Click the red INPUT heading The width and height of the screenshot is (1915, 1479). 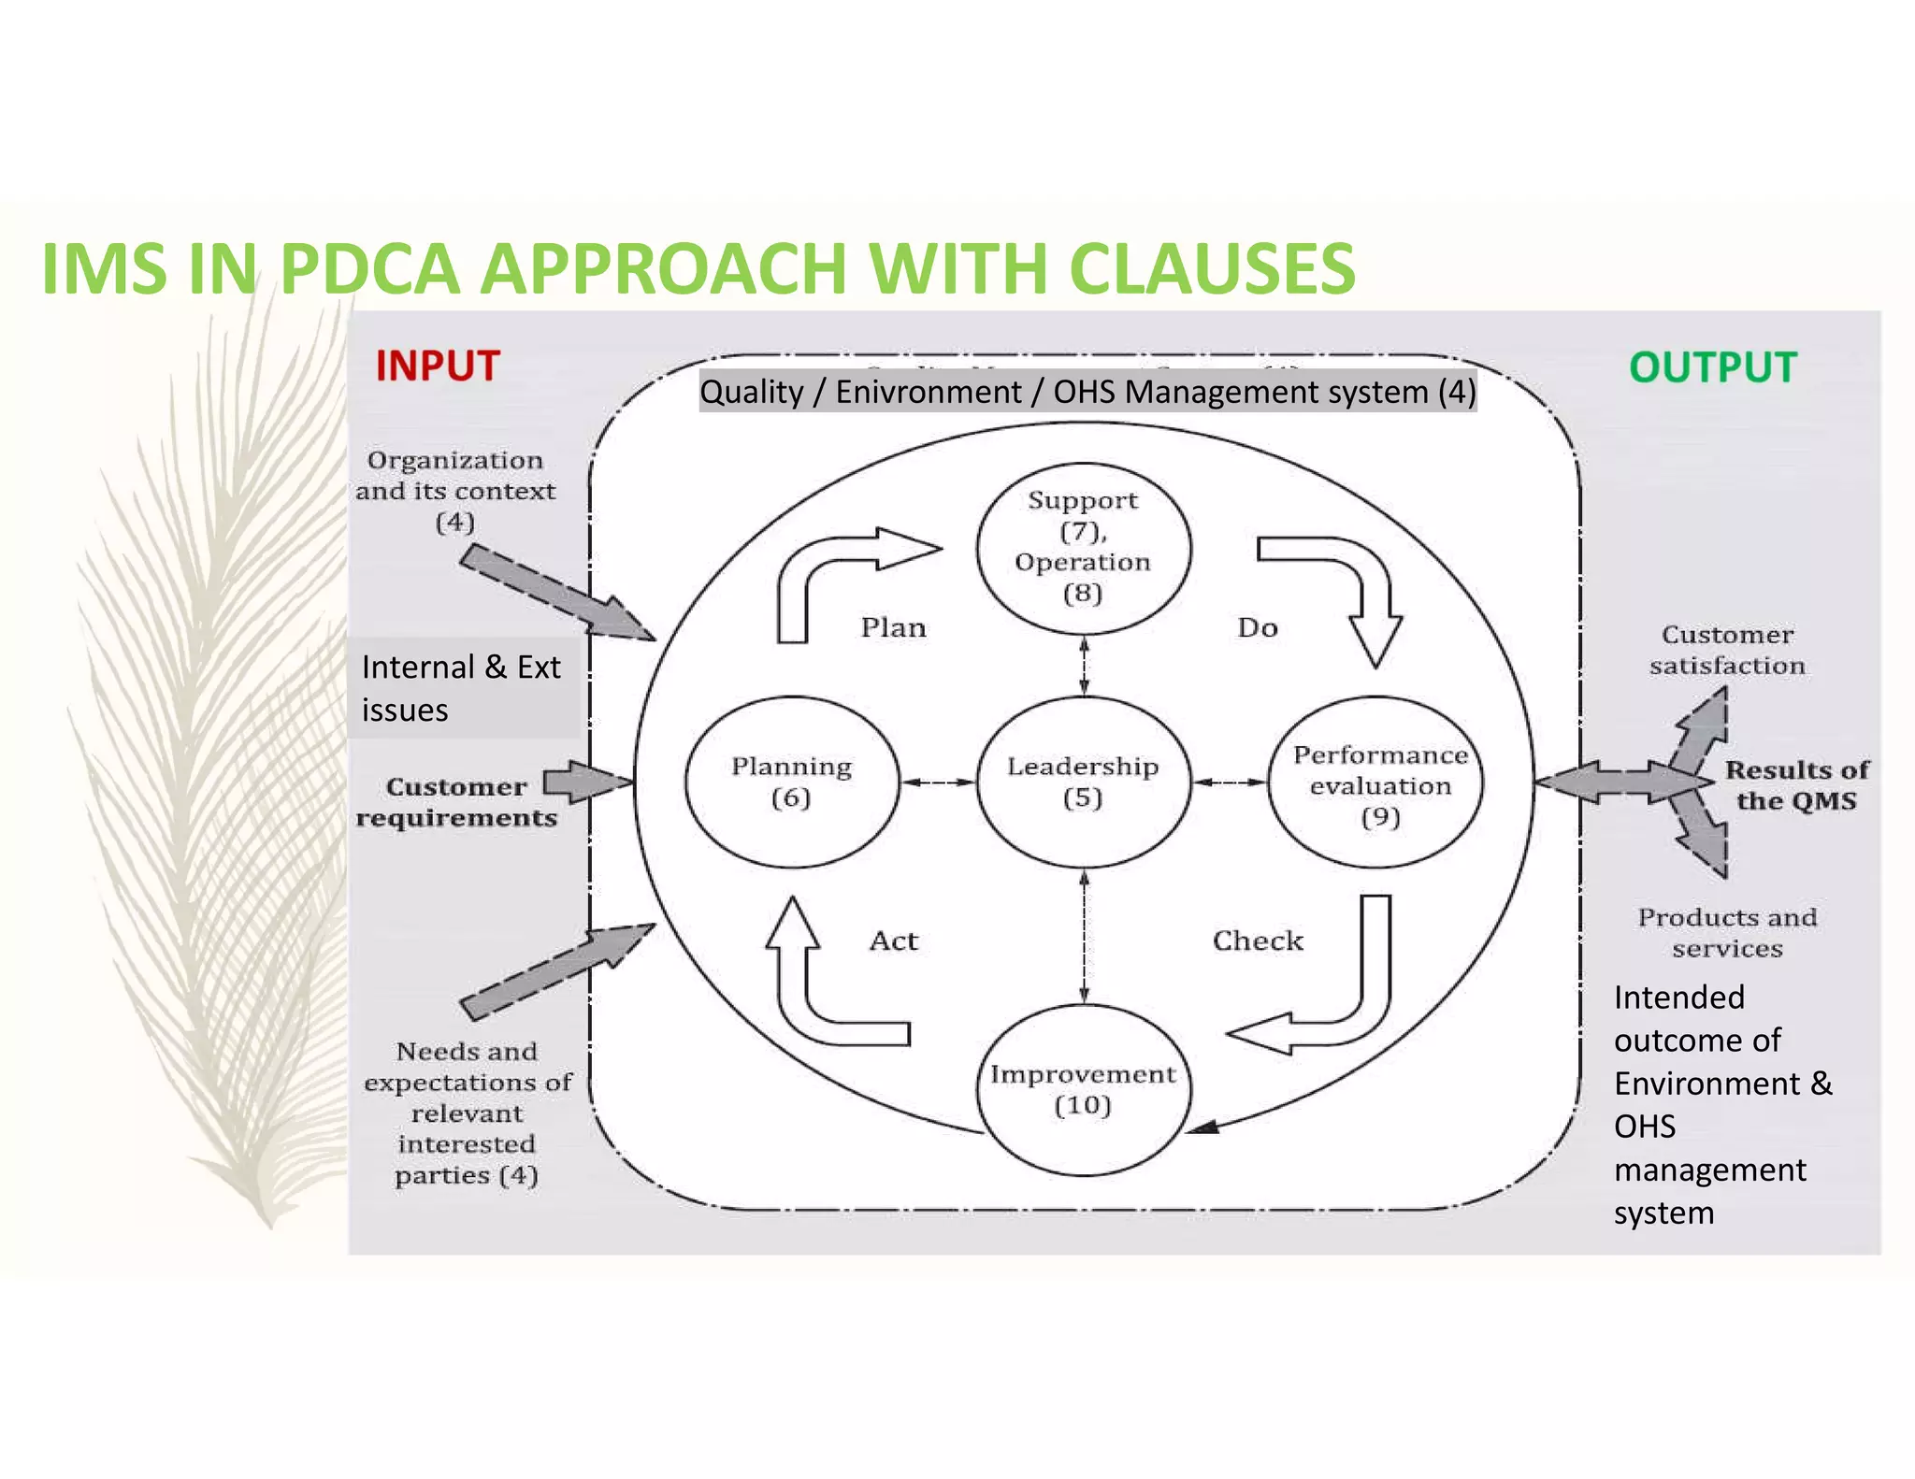[x=438, y=366]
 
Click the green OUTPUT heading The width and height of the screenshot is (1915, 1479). [x=1713, y=367]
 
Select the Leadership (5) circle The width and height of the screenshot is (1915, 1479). [x=1083, y=783]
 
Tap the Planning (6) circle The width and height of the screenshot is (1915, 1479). [x=791, y=783]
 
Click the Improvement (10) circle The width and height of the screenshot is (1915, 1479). [x=1083, y=1089]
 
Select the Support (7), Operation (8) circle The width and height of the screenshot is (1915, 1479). [x=1083, y=547]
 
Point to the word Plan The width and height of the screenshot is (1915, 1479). [x=893, y=627]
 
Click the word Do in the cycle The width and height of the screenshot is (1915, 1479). [x=1257, y=627]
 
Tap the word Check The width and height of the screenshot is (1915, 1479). [x=1257, y=941]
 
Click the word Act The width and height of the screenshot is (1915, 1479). [x=893, y=941]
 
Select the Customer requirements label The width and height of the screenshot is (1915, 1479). [x=456, y=802]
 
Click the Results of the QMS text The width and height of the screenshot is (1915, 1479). [x=1795, y=785]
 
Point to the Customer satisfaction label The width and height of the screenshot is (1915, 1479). [x=1726, y=650]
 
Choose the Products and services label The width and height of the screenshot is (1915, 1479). [x=1726, y=933]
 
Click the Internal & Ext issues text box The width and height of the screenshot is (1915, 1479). [x=462, y=688]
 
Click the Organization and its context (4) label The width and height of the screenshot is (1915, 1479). [x=455, y=490]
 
